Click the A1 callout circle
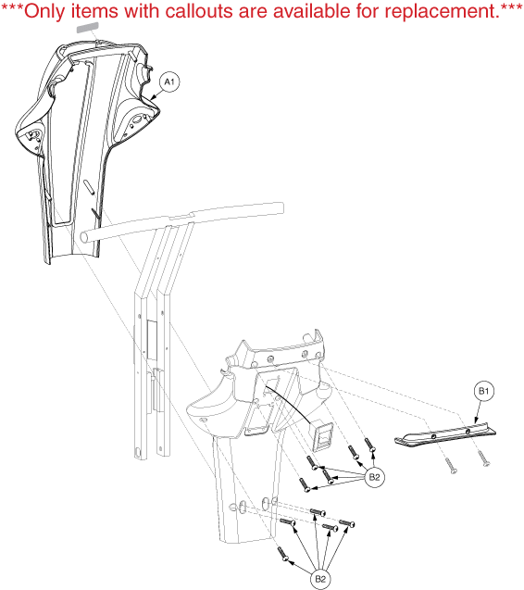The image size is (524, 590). [x=169, y=82]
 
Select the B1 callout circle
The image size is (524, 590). [x=484, y=391]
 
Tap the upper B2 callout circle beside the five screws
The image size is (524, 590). [x=375, y=477]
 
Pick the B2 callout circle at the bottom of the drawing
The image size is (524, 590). [x=320, y=579]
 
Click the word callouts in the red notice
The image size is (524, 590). [x=199, y=11]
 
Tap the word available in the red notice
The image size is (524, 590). [x=313, y=11]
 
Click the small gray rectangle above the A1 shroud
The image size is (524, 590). [x=88, y=28]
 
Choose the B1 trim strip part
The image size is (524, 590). [x=445, y=435]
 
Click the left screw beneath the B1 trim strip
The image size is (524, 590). [x=451, y=466]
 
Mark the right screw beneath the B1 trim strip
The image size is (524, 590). [x=483, y=458]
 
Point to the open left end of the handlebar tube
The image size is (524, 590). [x=85, y=237]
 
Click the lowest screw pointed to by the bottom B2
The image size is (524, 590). [x=283, y=554]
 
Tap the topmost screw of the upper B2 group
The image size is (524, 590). [x=369, y=445]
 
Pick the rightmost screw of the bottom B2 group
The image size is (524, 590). [x=347, y=523]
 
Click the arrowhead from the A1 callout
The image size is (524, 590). [x=152, y=98]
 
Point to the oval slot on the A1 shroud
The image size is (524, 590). [x=88, y=187]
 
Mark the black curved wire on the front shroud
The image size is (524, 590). [x=289, y=403]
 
